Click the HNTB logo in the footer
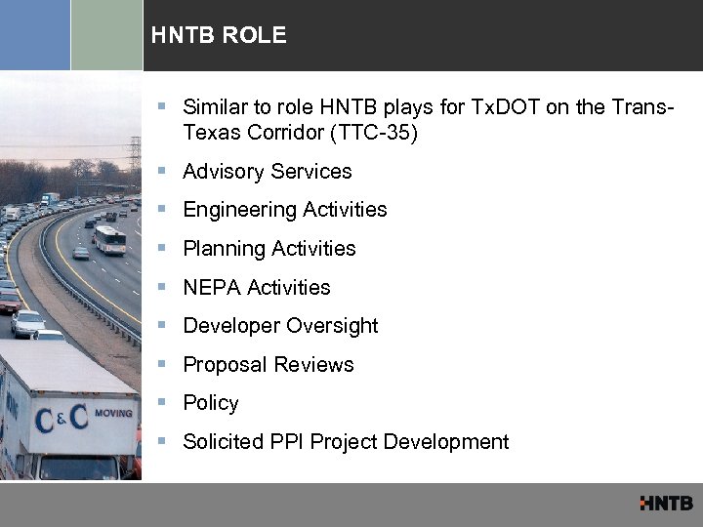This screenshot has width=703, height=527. [666, 504]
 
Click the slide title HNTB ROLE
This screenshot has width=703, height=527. [219, 36]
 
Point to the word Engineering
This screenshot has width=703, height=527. [239, 210]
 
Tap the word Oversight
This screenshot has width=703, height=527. [334, 326]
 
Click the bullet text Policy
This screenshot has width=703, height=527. [211, 403]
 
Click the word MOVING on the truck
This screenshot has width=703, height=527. [113, 413]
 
